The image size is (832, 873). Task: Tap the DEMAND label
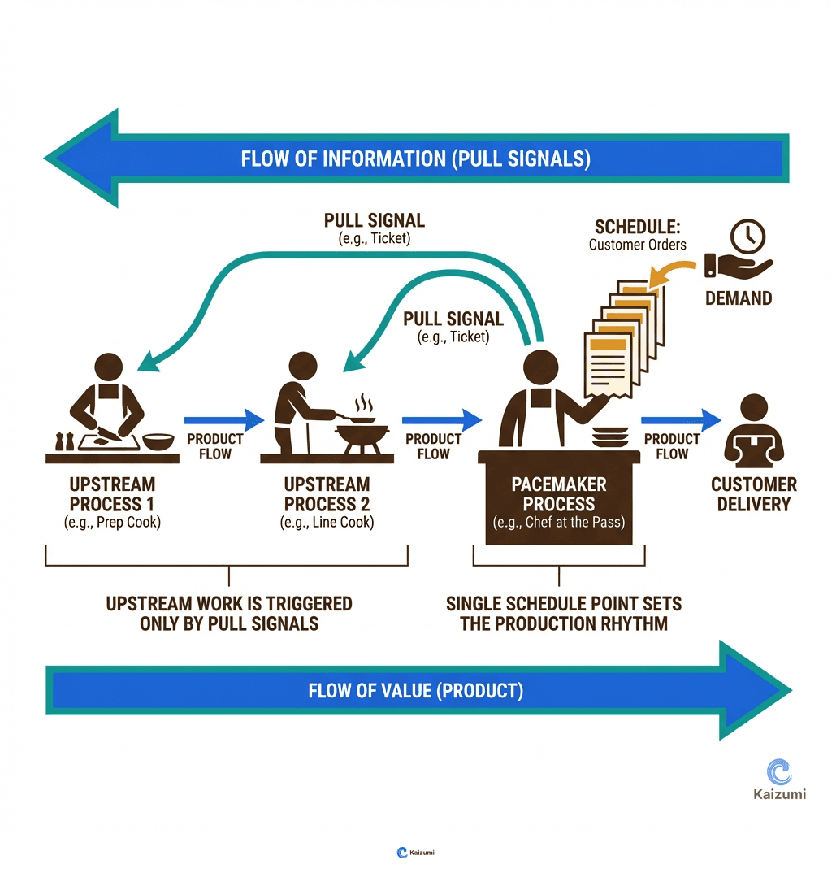739,298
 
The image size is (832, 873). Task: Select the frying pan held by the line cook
360,419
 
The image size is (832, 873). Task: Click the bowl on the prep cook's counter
158,441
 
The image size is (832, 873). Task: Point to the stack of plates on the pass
610,436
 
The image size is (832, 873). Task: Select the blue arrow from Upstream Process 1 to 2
224,419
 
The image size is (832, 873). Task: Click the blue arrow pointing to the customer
681,419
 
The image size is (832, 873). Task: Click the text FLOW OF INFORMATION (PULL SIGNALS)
416,159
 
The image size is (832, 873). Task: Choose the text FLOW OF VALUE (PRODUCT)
416,691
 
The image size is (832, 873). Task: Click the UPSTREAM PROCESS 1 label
112,494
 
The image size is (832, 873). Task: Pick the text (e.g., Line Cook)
327,523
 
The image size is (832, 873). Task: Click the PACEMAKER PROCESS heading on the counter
559,494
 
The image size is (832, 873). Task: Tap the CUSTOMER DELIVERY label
754,494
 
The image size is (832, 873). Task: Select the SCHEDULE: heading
638,227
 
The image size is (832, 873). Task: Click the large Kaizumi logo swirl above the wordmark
779,772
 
